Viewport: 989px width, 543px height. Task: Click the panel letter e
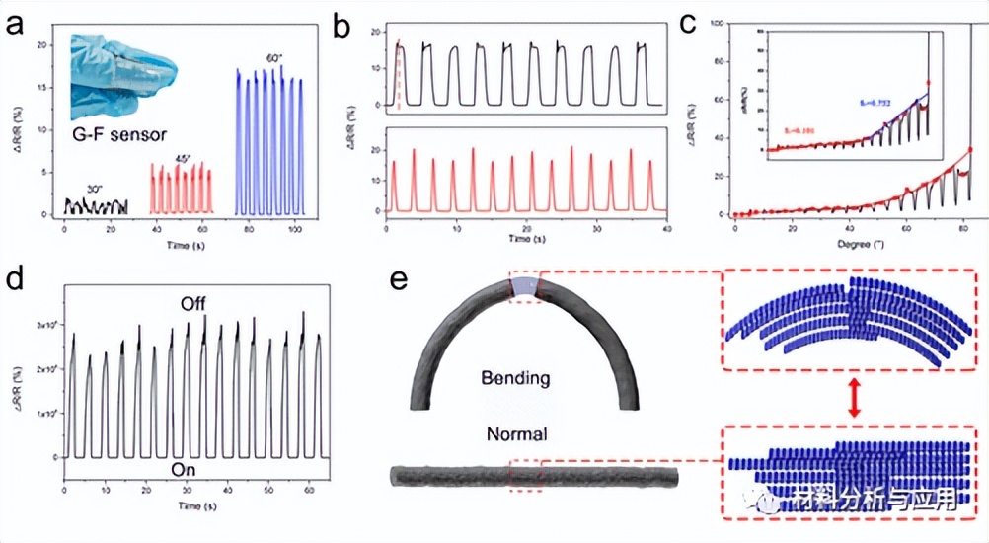tap(399, 279)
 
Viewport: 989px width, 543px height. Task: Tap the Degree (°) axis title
tap(853, 241)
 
